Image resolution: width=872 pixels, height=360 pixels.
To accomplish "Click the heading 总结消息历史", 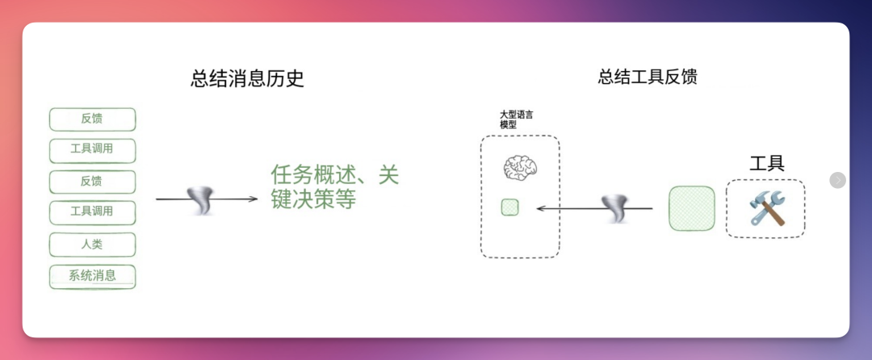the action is pyautogui.click(x=248, y=78).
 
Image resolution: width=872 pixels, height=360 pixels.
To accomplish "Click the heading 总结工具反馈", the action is pyautogui.click(x=648, y=76).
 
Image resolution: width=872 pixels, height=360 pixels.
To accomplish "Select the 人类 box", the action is pyautogui.click(x=92, y=245).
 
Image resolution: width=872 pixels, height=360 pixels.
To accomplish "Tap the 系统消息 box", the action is pyautogui.click(x=92, y=277).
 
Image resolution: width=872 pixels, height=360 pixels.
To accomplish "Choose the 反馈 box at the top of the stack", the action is pyautogui.click(x=92, y=119).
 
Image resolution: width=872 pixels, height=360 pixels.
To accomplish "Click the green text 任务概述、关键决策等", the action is pyautogui.click(x=335, y=186).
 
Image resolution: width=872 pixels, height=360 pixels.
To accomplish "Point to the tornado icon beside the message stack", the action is pyautogui.click(x=200, y=200).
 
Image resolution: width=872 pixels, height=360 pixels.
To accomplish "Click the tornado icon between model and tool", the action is pyautogui.click(x=615, y=208).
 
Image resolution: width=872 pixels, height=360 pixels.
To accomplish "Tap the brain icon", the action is pyautogui.click(x=520, y=167).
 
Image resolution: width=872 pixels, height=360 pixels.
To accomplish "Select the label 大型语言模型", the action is pyautogui.click(x=517, y=119).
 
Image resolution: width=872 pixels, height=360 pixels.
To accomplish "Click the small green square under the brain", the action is pyautogui.click(x=510, y=207).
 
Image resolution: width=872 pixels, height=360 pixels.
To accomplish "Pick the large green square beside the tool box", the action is pyautogui.click(x=692, y=208).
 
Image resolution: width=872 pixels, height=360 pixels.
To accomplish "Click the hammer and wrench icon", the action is pyautogui.click(x=766, y=207).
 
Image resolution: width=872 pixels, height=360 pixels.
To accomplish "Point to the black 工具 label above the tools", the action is pyautogui.click(x=767, y=163).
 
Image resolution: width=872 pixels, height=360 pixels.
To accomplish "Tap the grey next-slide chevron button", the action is pyautogui.click(x=837, y=180).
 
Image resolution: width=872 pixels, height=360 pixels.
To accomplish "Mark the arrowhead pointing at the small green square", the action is pyautogui.click(x=540, y=208).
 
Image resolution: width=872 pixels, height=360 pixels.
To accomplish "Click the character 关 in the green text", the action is pyautogui.click(x=388, y=175).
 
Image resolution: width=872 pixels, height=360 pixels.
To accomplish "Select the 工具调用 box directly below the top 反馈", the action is pyautogui.click(x=92, y=151).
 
